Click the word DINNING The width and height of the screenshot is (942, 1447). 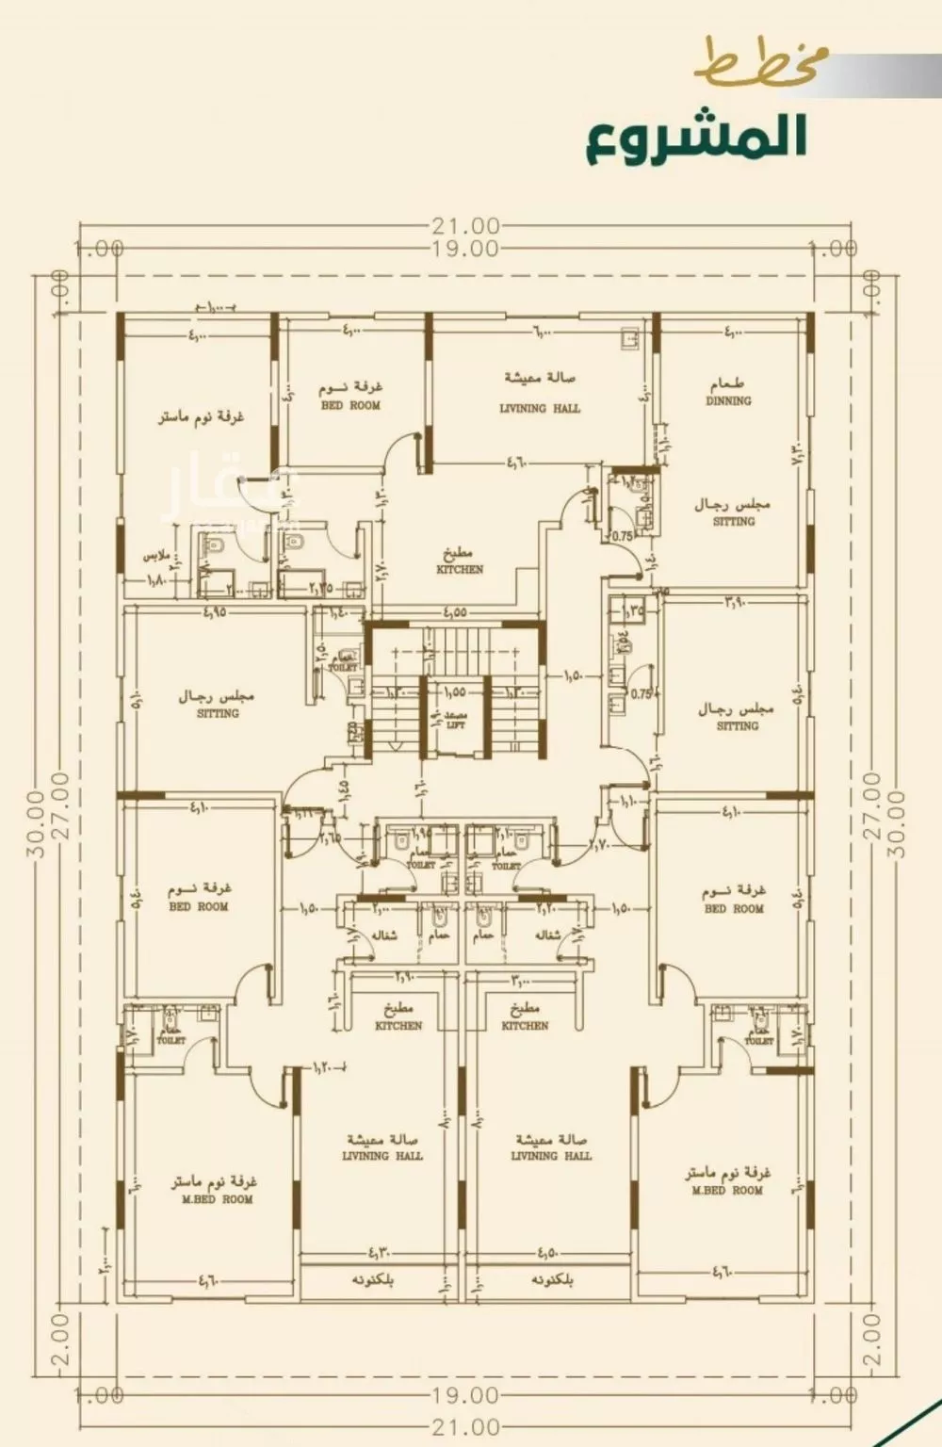[728, 400]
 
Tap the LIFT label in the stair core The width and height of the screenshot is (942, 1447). [456, 725]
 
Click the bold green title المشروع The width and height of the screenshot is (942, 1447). [697, 138]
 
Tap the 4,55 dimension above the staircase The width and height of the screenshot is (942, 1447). [453, 611]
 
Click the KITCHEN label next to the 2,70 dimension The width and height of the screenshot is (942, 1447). [460, 569]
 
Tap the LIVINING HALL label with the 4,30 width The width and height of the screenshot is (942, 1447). [382, 1155]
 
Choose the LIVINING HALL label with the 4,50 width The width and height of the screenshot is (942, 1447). [551, 1155]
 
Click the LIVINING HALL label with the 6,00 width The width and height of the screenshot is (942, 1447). [539, 408]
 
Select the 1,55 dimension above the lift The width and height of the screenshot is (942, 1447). [453, 691]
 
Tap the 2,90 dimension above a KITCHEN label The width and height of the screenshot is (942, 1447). [404, 977]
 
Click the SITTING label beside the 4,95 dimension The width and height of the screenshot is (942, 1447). [218, 713]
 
